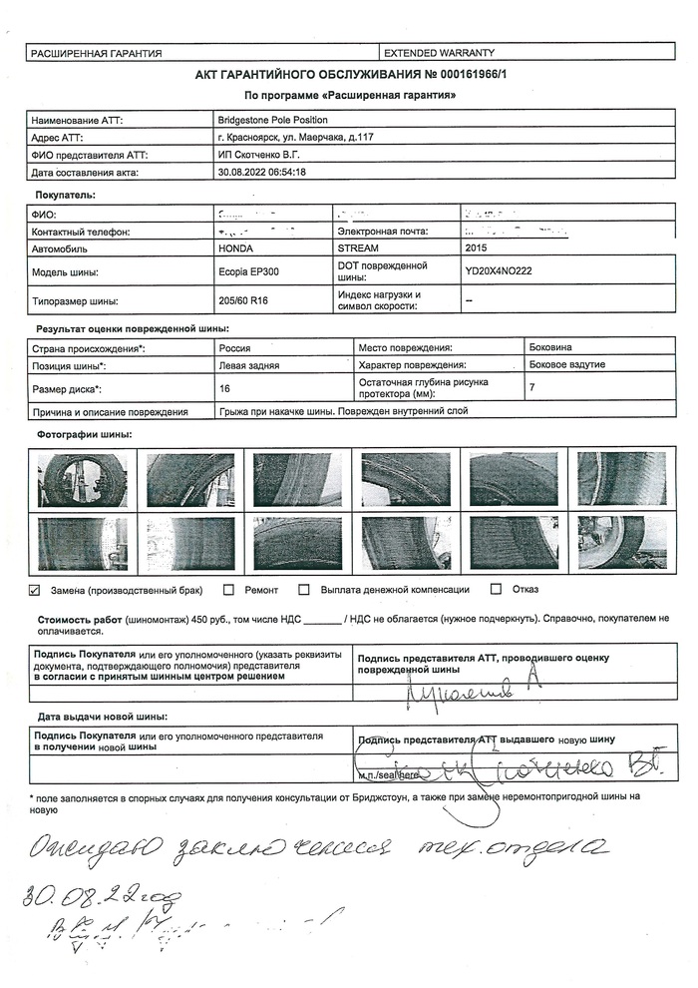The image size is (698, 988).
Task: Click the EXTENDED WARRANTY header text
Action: tap(439, 53)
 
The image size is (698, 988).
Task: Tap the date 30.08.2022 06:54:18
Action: tap(261, 172)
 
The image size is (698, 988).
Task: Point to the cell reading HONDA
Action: tap(235, 247)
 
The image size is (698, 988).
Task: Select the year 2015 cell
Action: tap(479, 247)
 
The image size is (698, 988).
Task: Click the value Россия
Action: tap(234, 347)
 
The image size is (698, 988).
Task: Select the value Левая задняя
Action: tap(248, 365)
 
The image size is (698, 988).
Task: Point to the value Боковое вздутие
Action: tap(566, 364)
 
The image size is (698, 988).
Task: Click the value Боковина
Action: tap(550, 347)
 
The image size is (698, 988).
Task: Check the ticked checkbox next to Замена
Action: tap(35, 590)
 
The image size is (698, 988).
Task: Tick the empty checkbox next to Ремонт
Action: tap(229, 590)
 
